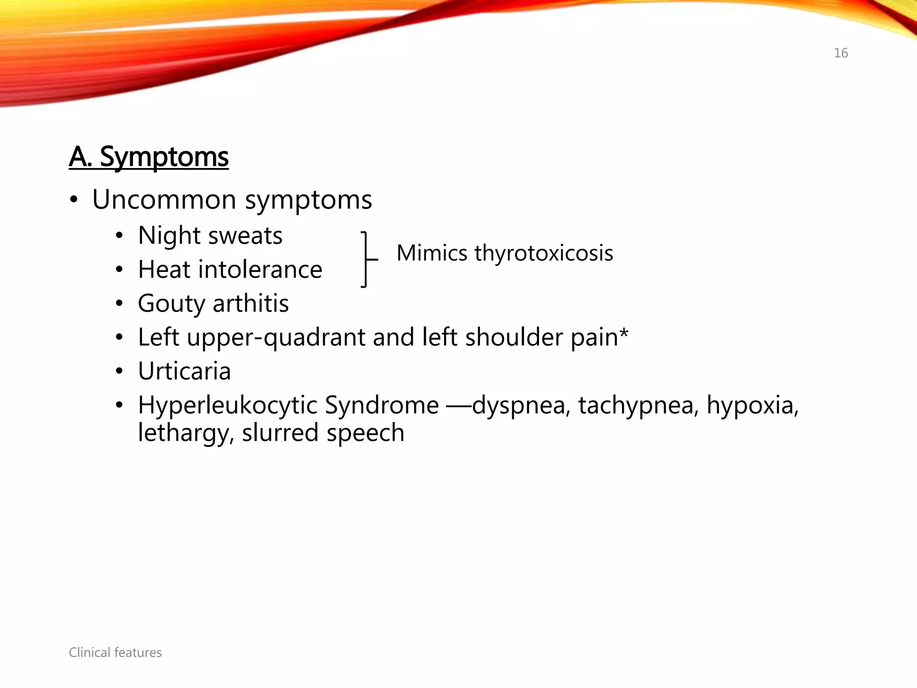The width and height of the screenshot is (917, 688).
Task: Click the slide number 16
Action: coord(840,53)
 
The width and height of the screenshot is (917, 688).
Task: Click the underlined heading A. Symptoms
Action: coord(149,157)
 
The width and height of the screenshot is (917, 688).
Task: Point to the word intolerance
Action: coord(260,270)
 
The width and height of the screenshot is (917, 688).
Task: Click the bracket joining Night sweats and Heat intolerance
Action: coord(366,259)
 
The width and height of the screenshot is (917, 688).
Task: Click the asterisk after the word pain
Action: coord(624,333)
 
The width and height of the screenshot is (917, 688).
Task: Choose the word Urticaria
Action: coord(184,371)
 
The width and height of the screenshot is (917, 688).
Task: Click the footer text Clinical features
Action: coord(115,653)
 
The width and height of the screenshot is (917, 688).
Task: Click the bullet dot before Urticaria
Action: coord(119,371)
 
